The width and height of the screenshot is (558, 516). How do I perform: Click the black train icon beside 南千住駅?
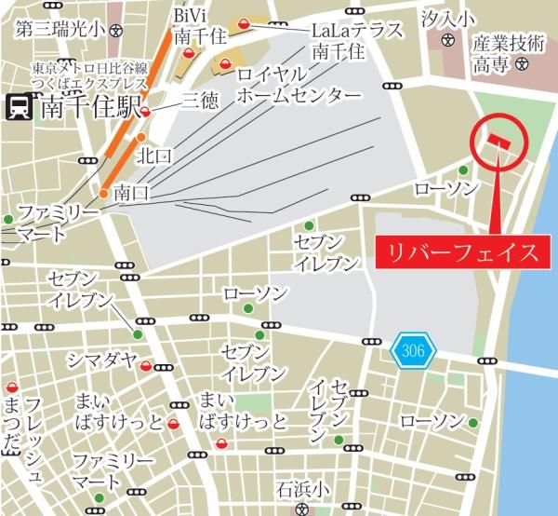pyautogui.click(x=18, y=107)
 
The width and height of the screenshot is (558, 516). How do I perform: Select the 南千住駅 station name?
pyautogui.click(x=90, y=107)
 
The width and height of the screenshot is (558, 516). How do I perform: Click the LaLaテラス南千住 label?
pyautogui.click(x=357, y=40)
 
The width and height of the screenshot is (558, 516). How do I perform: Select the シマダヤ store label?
pyautogui.click(x=100, y=361)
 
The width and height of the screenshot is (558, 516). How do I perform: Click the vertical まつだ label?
pyautogui.click(x=12, y=424)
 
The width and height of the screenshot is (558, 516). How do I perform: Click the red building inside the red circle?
pyautogui.click(x=494, y=141)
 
